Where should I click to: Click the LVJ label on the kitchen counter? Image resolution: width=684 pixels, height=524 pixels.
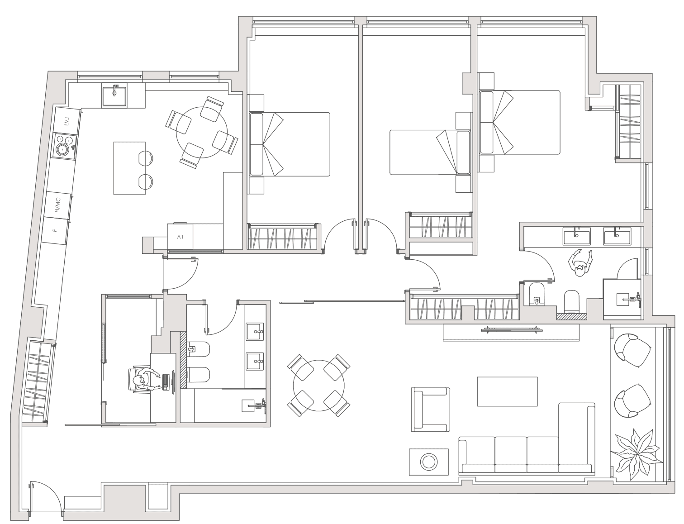point(66,121)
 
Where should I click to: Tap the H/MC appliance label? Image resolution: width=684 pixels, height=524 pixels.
point(57,205)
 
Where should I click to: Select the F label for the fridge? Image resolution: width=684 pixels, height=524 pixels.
point(55,230)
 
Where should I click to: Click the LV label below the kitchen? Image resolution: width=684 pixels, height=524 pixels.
point(180,237)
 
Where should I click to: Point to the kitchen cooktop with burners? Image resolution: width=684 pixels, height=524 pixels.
point(65,146)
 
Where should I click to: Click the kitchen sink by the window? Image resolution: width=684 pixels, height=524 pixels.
point(114,96)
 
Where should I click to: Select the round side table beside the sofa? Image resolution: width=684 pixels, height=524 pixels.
point(429,462)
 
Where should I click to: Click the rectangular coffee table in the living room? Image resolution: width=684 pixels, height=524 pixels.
point(507,391)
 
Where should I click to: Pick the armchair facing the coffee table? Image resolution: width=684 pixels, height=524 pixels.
point(431,410)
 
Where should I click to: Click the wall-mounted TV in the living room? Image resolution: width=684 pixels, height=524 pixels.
point(511,329)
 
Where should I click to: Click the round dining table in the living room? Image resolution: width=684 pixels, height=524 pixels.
point(318,386)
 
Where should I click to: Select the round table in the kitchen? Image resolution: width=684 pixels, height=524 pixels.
point(202,132)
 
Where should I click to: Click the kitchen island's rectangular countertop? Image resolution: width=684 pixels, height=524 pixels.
point(129,168)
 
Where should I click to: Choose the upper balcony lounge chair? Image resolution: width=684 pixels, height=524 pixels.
point(632,350)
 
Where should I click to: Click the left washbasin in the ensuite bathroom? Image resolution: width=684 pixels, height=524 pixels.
point(577,236)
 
